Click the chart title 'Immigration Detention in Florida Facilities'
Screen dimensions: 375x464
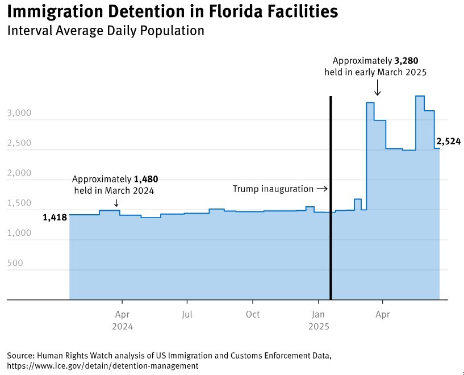pyautogui.click(x=172, y=11)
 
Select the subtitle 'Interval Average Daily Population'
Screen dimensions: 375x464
pyautogui.click(x=105, y=31)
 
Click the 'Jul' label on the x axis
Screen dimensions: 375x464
pyautogui.click(x=187, y=314)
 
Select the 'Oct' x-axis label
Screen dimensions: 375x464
pyautogui.click(x=253, y=314)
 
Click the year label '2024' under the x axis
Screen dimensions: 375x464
pyautogui.click(x=122, y=327)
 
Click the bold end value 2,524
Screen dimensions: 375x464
pyautogui.click(x=448, y=142)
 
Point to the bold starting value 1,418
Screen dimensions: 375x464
pyautogui.click(x=55, y=217)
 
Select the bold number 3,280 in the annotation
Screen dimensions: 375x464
pyautogui.click(x=406, y=61)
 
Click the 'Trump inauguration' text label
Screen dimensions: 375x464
pyautogui.click(x=273, y=189)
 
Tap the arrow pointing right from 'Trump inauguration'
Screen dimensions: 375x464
pyautogui.click(x=322, y=189)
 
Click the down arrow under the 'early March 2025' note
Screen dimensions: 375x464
pyautogui.click(x=377, y=88)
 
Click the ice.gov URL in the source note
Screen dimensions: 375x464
pyautogui.click(x=103, y=366)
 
